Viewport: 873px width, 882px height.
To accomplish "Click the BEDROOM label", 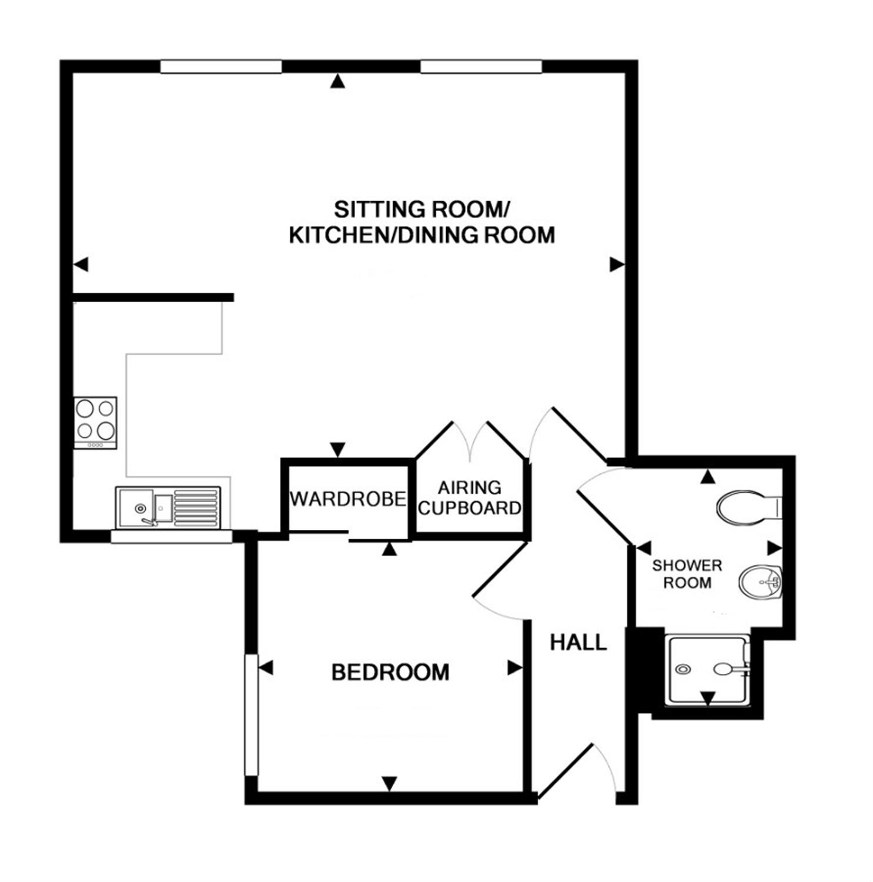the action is pyautogui.click(x=390, y=672).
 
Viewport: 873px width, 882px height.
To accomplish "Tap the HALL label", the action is pyautogui.click(x=578, y=643).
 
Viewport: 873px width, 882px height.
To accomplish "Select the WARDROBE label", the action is pyautogui.click(x=348, y=499).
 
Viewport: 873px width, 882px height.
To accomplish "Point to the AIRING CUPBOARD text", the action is pyautogui.click(x=470, y=497).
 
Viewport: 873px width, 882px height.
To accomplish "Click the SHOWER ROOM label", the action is pyautogui.click(x=687, y=574).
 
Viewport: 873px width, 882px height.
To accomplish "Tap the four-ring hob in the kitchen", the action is pyautogui.click(x=95, y=423).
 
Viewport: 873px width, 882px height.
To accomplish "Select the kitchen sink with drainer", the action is pyautogui.click(x=168, y=507).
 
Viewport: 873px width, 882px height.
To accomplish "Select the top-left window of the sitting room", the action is pyautogui.click(x=221, y=66).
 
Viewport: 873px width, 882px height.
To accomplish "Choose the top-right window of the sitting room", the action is pyautogui.click(x=481, y=66).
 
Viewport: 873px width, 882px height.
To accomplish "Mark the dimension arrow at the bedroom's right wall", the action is pyautogui.click(x=515, y=668).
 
